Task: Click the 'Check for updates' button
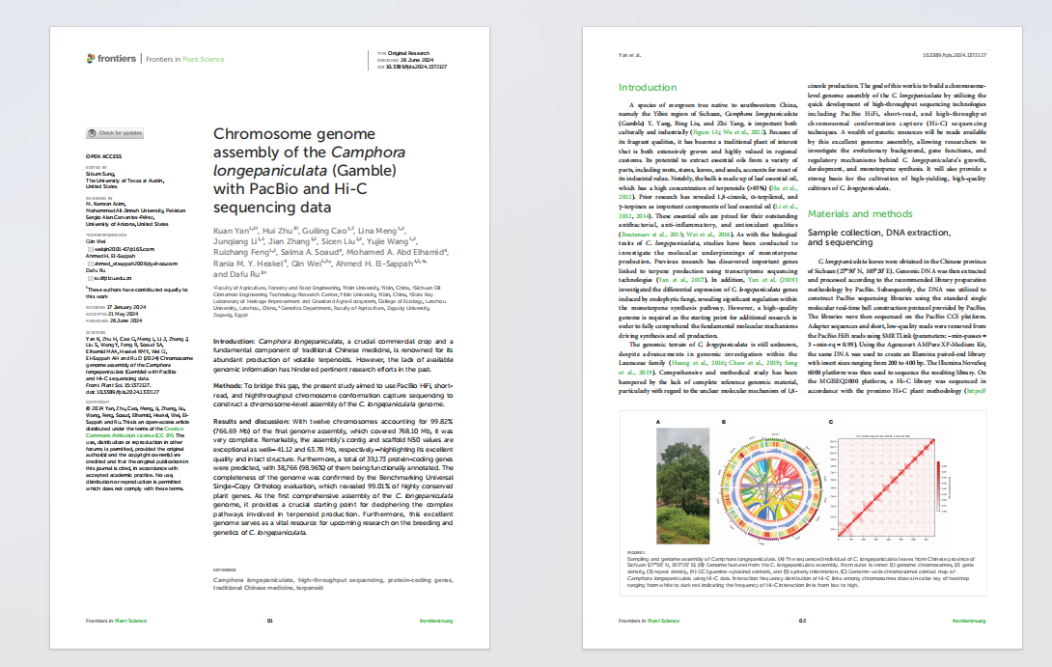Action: tap(116, 132)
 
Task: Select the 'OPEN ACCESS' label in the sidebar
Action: tap(103, 155)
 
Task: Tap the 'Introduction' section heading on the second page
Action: tap(647, 88)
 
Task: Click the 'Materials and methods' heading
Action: tap(860, 213)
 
